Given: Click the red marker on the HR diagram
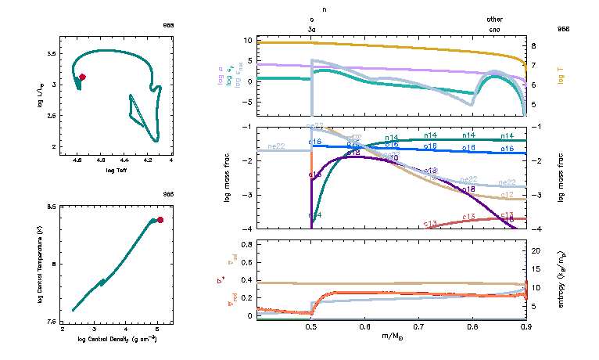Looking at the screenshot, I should [x=82, y=77].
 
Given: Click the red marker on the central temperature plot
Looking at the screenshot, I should [x=160, y=220].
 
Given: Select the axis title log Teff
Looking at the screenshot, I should [x=117, y=170].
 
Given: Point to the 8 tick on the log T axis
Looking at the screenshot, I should [x=533, y=46].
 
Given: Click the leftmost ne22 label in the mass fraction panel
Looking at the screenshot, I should [x=276, y=146].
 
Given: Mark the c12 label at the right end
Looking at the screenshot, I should [x=507, y=194].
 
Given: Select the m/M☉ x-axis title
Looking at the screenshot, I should [x=391, y=337].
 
